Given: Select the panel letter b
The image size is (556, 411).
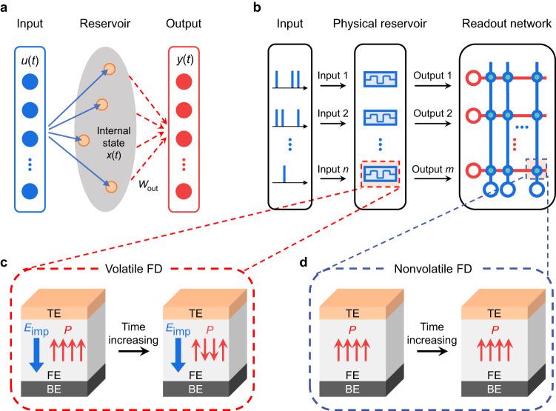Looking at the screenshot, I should point(256,7).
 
